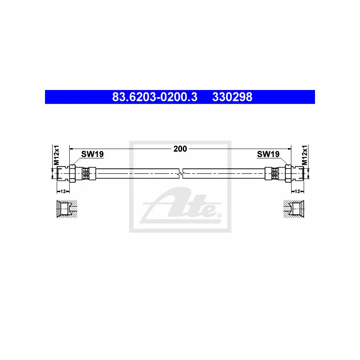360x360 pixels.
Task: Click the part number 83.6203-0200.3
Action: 154,97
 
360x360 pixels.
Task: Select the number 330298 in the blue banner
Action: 232,97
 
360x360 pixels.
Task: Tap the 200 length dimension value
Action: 180,148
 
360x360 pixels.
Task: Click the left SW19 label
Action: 92,154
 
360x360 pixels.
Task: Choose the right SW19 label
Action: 268,154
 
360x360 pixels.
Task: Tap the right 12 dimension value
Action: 297,191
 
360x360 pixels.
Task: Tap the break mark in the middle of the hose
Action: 180,173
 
